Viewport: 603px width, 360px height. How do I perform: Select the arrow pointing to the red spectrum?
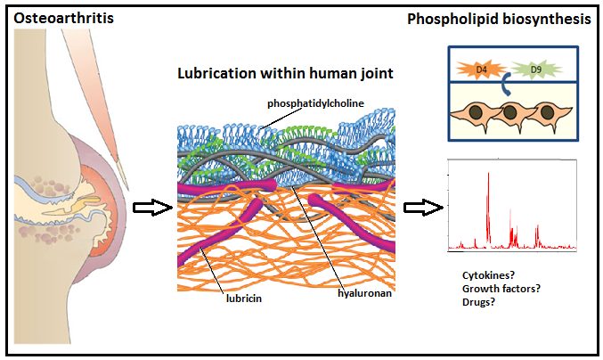420,209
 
